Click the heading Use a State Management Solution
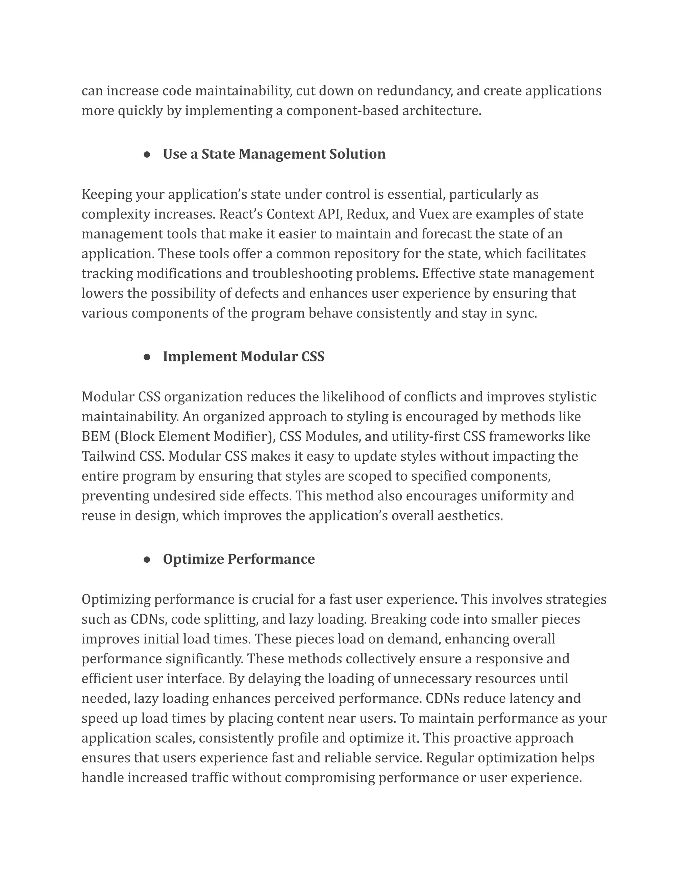tap(274, 154)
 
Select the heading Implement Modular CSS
tap(244, 357)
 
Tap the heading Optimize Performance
tap(239, 559)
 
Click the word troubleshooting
tap(302, 274)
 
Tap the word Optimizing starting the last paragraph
tap(116, 599)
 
